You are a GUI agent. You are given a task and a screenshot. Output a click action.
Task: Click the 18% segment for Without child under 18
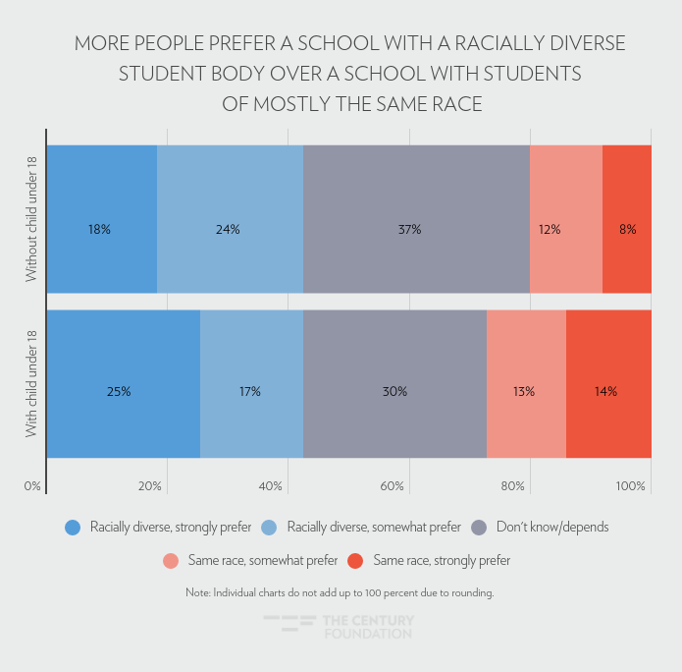click(101, 219)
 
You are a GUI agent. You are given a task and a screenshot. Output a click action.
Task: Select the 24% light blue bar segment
click(230, 219)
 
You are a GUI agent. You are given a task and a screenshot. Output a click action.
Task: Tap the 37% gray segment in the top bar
click(416, 219)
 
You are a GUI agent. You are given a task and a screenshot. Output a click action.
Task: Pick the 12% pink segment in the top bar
click(565, 219)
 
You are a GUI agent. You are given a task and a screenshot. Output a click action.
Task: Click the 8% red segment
click(627, 219)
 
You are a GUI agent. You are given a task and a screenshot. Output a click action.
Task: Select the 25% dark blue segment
click(123, 383)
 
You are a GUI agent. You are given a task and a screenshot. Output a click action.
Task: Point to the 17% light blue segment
click(251, 383)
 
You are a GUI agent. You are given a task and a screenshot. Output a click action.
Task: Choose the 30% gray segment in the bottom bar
click(394, 383)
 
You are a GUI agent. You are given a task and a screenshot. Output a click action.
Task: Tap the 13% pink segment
click(526, 383)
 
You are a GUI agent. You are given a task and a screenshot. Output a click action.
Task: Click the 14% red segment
click(608, 383)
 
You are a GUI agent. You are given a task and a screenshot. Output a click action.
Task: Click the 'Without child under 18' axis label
click(31, 219)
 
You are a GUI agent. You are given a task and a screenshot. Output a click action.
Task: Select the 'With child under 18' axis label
click(31, 383)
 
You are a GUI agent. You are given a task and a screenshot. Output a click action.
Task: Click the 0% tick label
click(32, 486)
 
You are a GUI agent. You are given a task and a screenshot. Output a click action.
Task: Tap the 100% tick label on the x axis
click(631, 486)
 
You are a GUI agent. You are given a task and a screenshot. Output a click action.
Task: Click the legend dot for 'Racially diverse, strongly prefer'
click(72, 528)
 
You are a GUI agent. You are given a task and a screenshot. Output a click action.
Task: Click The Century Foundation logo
click(340, 627)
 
